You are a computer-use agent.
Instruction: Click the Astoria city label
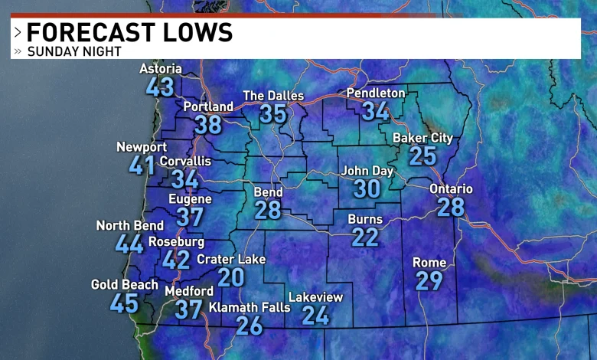tap(160, 69)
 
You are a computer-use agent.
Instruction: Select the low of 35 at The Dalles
tap(273, 113)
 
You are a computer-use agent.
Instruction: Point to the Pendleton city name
tap(376, 93)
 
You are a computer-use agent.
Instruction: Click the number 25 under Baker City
tap(422, 155)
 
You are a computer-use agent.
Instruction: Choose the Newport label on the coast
tap(142, 147)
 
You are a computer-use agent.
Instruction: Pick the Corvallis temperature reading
tap(184, 179)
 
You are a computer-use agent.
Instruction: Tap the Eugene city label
tap(190, 199)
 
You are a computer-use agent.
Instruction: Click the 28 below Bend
tap(268, 210)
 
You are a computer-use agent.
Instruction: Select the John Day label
tap(367, 171)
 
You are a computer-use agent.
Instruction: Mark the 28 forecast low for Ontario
tap(451, 207)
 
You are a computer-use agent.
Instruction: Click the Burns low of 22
tap(365, 237)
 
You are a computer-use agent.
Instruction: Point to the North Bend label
tap(129, 225)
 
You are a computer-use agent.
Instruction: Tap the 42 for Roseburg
tap(176, 259)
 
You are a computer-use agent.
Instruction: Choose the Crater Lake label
tap(231, 259)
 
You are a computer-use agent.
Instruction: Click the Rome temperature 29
tap(429, 280)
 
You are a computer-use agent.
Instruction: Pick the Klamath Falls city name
tap(250, 307)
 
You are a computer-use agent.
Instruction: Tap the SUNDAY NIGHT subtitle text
tap(74, 51)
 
